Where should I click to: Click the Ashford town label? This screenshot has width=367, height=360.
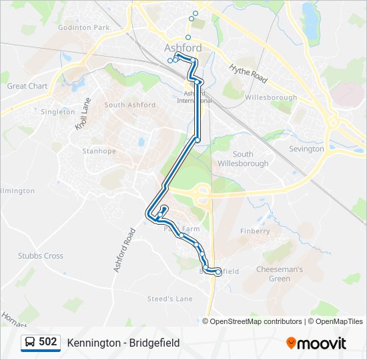click(x=183, y=48)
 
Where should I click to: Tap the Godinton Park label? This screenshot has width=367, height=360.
click(x=83, y=28)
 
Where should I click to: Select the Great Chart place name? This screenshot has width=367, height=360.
click(x=27, y=86)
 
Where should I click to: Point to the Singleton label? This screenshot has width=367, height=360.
click(x=58, y=112)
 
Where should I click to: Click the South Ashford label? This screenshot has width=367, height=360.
click(x=129, y=105)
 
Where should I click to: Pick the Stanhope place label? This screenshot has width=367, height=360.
click(x=99, y=151)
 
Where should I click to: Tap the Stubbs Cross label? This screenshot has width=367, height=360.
click(x=40, y=255)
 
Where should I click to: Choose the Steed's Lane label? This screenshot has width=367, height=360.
click(x=169, y=299)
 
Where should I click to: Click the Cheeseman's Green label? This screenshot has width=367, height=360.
click(x=280, y=274)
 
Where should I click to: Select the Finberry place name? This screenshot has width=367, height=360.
click(x=255, y=231)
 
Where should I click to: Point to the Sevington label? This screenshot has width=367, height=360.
click(x=306, y=149)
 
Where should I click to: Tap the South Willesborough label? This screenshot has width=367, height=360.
click(x=243, y=159)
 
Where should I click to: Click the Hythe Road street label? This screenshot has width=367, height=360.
click(x=248, y=73)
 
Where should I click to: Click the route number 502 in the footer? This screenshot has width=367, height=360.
click(x=47, y=342)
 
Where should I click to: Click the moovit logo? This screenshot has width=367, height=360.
click(x=316, y=343)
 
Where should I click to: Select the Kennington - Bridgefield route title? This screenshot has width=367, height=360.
click(x=123, y=343)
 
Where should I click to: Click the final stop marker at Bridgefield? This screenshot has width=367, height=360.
click(x=218, y=272)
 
